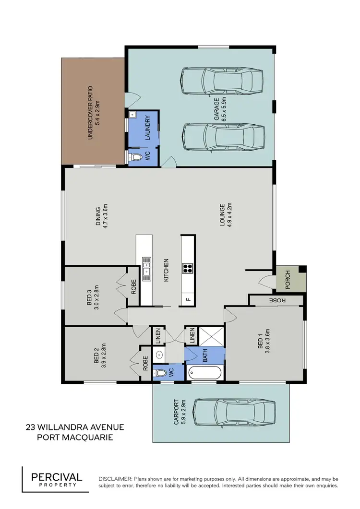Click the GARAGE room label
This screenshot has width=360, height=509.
pos(216,109)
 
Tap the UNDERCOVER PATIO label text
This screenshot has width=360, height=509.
pos(90,113)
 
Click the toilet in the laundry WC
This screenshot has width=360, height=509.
pos(136,157)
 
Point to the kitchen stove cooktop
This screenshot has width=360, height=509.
pos(188,269)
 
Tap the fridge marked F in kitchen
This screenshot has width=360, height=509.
pos(187,300)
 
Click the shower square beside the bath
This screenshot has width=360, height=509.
pos(211,337)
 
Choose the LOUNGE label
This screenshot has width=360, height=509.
pos(223,215)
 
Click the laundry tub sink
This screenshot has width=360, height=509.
pos(132,116)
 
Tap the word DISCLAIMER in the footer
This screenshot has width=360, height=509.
pos(115,479)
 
